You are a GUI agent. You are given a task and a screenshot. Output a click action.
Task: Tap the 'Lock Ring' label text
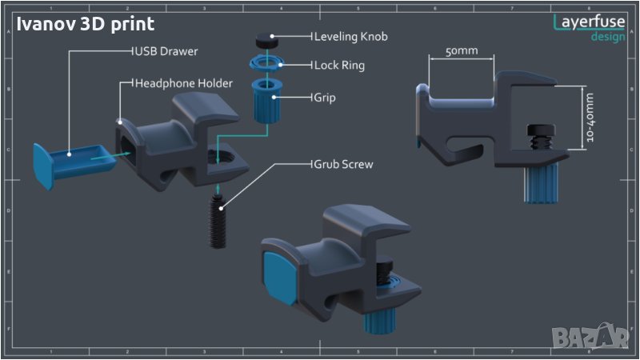[339, 66]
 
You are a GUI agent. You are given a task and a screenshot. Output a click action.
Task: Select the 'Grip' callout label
[325, 98]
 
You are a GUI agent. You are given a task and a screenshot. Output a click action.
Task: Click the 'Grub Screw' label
[344, 164]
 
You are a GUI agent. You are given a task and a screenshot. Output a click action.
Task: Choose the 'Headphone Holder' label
[183, 83]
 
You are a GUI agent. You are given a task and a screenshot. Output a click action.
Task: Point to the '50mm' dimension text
[462, 51]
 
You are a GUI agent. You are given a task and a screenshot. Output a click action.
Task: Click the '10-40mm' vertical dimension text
[590, 118]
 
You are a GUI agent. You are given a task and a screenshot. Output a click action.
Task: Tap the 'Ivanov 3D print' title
[86, 25]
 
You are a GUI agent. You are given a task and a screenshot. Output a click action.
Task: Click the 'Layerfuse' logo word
[590, 22]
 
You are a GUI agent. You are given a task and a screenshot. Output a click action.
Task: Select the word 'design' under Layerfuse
[608, 37]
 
